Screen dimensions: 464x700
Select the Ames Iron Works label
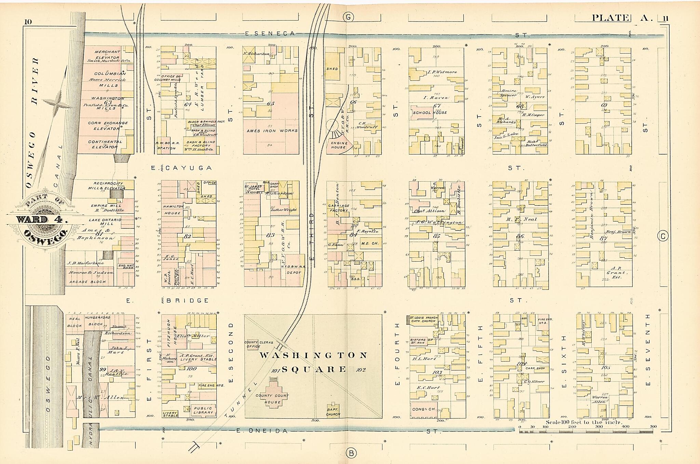click(x=272, y=131)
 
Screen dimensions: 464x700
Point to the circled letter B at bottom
click(x=351, y=453)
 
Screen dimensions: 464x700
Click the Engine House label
click(x=339, y=145)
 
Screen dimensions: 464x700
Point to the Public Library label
click(x=203, y=410)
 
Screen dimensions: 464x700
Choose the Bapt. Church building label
click(x=333, y=412)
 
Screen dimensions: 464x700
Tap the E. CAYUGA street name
click(x=181, y=168)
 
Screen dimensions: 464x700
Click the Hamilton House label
click(x=172, y=210)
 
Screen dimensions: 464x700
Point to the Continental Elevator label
click(x=105, y=144)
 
